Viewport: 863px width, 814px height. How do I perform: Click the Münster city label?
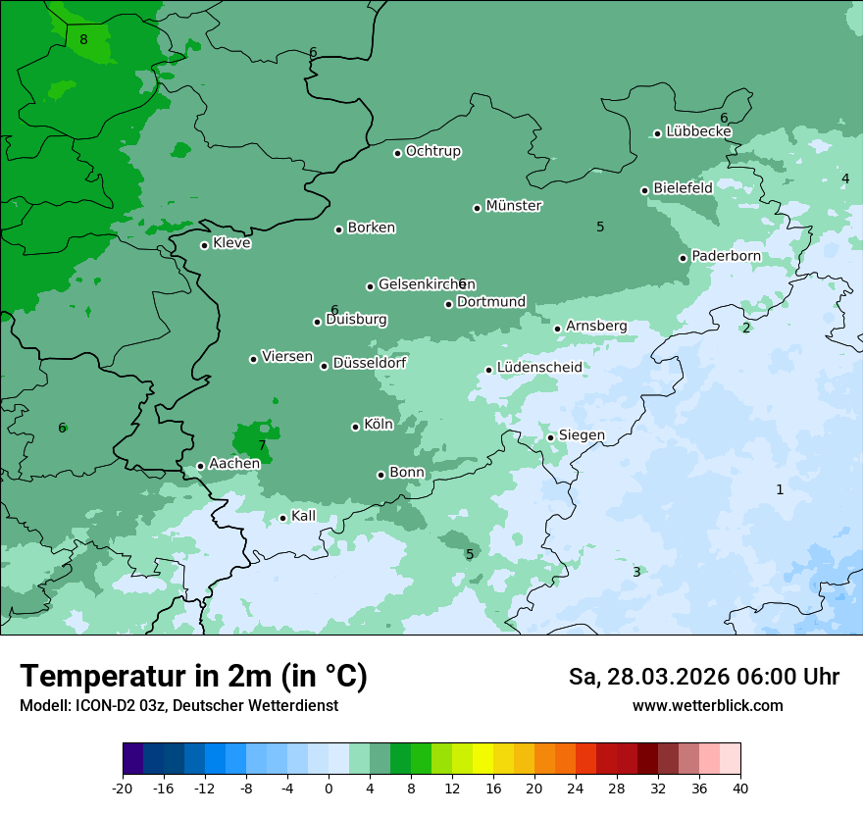pos(514,206)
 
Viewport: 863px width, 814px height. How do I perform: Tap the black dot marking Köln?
pos(355,427)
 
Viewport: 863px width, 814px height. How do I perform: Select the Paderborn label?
pos(726,256)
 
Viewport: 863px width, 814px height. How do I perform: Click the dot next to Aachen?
pos(200,467)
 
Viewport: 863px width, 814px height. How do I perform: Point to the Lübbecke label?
pos(698,131)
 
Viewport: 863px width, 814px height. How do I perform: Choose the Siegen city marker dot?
pos(550,437)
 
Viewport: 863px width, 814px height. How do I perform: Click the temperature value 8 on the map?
pos(83,40)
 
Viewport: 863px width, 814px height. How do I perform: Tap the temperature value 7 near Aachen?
pos(262,445)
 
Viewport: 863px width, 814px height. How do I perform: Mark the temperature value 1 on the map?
pos(780,489)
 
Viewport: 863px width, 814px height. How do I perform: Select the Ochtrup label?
pos(432,151)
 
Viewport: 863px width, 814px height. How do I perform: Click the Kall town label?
pos(303,516)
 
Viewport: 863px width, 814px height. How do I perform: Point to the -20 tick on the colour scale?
pos(123,789)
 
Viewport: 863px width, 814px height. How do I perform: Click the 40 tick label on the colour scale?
pos(740,789)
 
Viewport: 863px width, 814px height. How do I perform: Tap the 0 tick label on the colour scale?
pos(329,789)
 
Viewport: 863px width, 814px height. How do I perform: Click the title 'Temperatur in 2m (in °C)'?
pos(193,676)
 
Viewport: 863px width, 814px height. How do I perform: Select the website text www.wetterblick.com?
pos(707,706)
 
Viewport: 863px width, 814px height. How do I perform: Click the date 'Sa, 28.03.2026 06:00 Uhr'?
pos(703,677)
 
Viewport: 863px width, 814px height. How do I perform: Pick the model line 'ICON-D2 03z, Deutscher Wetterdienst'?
pos(178,706)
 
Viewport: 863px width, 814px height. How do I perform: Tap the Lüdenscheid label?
pos(539,368)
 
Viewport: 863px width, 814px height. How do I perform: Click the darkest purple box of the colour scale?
pos(132,759)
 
